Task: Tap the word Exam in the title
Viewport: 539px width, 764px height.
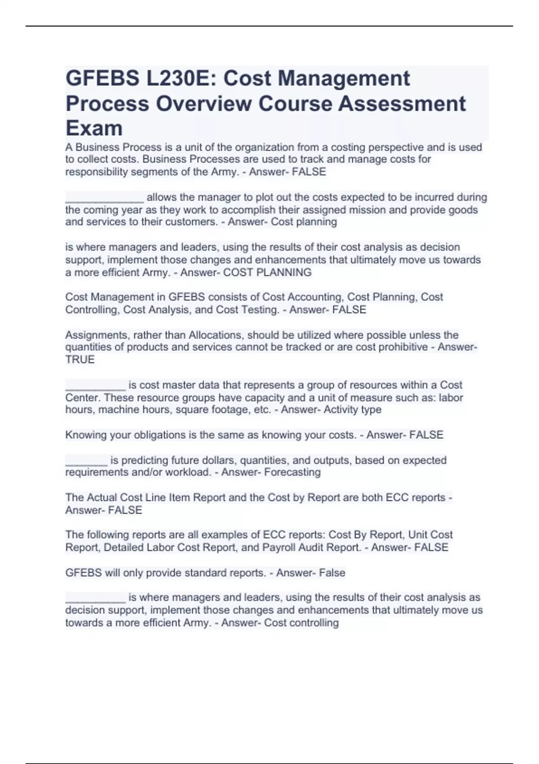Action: (94, 128)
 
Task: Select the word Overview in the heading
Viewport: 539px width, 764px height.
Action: (203, 103)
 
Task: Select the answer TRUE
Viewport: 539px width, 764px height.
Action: (80, 360)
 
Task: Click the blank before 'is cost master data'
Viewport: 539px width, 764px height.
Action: (95, 387)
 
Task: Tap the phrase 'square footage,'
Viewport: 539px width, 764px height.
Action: (209, 410)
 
